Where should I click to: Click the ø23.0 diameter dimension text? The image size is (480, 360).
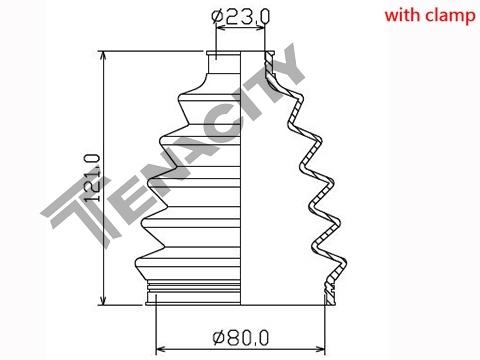(x=241, y=16)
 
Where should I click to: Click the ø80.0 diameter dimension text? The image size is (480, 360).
(x=241, y=338)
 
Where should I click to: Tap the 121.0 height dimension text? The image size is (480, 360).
(x=92, y=178)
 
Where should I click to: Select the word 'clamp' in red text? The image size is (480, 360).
(x=450, y=16)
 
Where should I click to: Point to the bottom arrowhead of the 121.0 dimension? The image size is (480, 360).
(x=104, y=299)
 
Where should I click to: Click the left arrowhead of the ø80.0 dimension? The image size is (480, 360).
(x=161, y=349)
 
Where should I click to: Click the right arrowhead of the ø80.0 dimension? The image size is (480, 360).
(x=320, y=349)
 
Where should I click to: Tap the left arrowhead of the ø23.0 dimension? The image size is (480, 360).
(x=221, y=28)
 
